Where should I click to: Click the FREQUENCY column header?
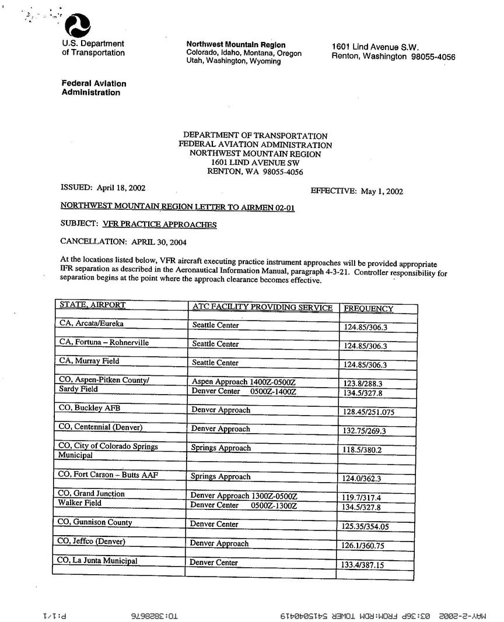pyautogui.click(x=369, y=308)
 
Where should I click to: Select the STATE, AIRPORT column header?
pyautogui.click(x=93, y=305)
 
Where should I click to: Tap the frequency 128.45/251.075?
pyautogui.click(x=369, y=412)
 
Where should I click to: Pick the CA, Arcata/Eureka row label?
pyautogui.click(x=92, y=324)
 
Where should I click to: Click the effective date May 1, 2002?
pyautogui.click(x=382, y=191)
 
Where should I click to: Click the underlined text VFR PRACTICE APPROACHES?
pyautogui.click(x=160, y=224)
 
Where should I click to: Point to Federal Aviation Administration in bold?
pyautogui.click(x=93, y=88)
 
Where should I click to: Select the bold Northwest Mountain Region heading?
pyautogui.click(x=236, y=45)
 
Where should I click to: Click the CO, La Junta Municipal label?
pyautogui.click(x=97, y=561)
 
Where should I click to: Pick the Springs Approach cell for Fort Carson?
pyautogui.click(x=221, y=476)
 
